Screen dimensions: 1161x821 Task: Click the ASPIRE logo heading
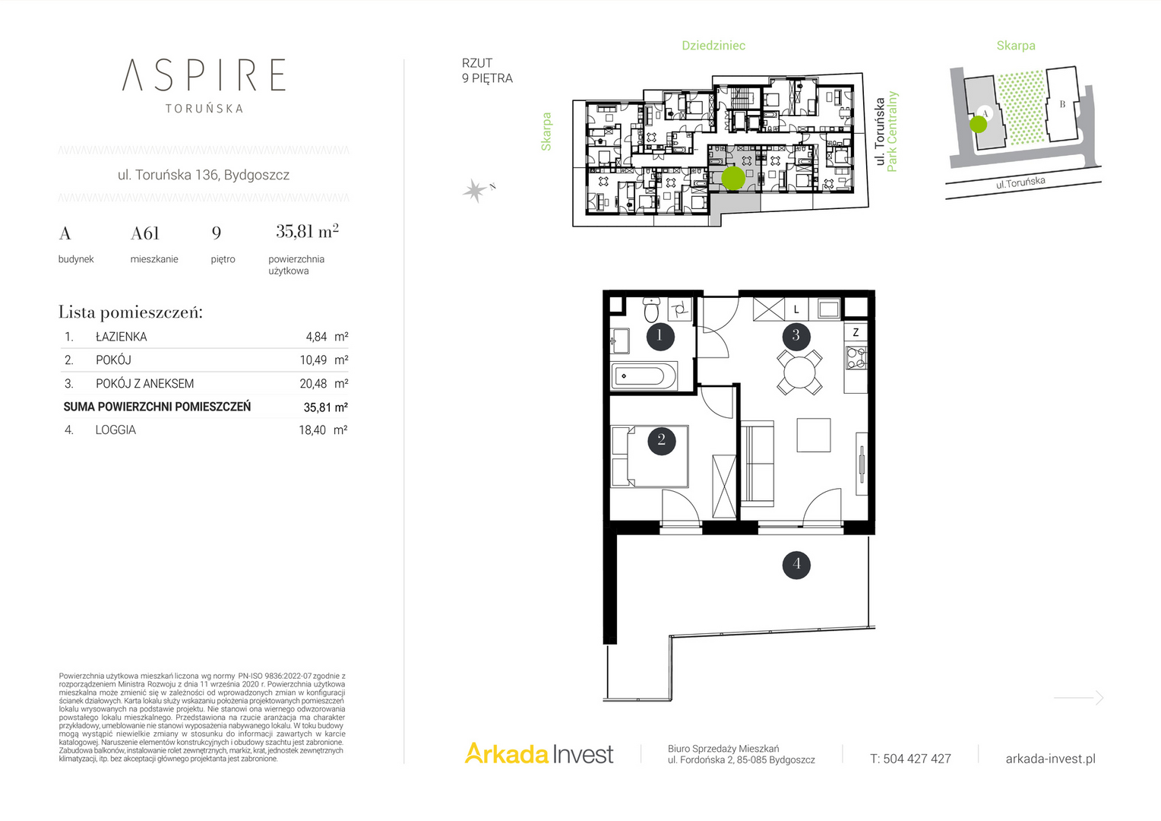coord(204,74)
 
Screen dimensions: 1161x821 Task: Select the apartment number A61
coord(144,233)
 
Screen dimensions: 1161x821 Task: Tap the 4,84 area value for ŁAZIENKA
coord(316,337)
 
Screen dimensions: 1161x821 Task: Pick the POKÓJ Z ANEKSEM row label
coord(144,383)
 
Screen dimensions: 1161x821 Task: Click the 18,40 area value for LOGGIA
coord(312,430)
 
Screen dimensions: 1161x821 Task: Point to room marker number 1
coord(660,336)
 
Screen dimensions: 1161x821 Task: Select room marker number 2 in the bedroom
coord(661,441)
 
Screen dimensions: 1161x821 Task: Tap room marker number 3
coord(796,336)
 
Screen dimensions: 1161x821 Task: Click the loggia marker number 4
coord(796,564)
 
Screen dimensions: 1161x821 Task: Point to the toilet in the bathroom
coord(651,309)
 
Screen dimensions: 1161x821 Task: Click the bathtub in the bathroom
coord(644,376)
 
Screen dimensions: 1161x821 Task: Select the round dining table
coord(799,372)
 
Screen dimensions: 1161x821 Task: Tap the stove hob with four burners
coord(856,357)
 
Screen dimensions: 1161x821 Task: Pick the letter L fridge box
coord(796,309)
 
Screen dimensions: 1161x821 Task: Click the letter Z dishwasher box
coord(856,332)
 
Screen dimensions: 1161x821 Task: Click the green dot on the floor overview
coord(733,178)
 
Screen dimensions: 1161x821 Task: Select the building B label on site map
coord(1062,104)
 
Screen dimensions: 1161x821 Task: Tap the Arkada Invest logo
coord(539,753)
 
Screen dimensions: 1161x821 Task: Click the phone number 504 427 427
coord(917,759)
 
